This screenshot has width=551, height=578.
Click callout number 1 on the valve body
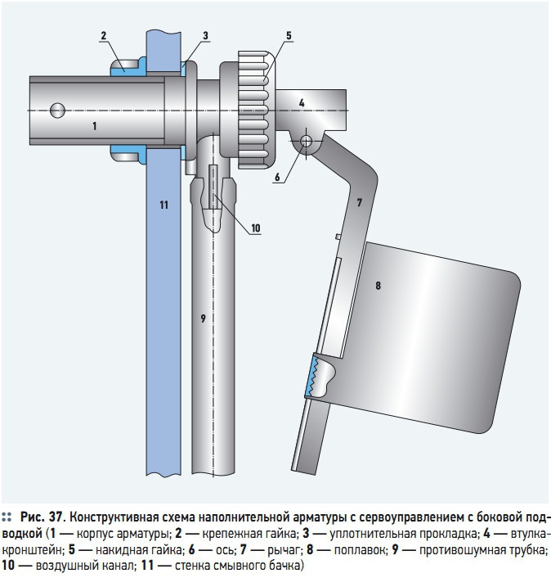[x=94, y=126]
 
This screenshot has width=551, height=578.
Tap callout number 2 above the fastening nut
[x=104, y=35]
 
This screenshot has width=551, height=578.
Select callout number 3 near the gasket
[x=205, y=35]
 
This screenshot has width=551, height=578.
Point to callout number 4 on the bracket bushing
[x=301, y=103]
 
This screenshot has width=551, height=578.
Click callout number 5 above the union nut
[x=289, y=35]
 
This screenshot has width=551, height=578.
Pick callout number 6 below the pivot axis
[x=277, y=176]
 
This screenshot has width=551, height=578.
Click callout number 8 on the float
[x=378, y=285]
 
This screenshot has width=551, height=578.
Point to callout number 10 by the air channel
[x=256, y=228]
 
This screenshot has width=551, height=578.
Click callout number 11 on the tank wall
[x=164, y=204]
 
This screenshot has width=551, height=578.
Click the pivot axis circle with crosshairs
[x=307, y=141]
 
